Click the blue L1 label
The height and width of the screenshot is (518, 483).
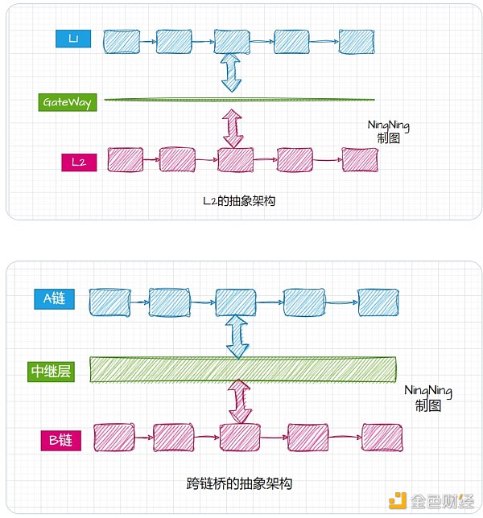point(72,39)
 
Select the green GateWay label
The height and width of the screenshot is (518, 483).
point(68,103)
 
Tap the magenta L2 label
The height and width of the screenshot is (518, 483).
point(79,162)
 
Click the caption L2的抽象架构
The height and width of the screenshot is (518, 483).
point(239,201)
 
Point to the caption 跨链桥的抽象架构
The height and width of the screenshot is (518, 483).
point(238,484)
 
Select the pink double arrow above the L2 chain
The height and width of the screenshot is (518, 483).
point(233,129)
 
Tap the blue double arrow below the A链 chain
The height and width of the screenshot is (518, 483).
point(238,335)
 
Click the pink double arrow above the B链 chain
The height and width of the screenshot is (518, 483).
point(239,401)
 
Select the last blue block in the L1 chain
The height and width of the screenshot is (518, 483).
point(357,42)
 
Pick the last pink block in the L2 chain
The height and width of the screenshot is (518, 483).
point(359,159)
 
